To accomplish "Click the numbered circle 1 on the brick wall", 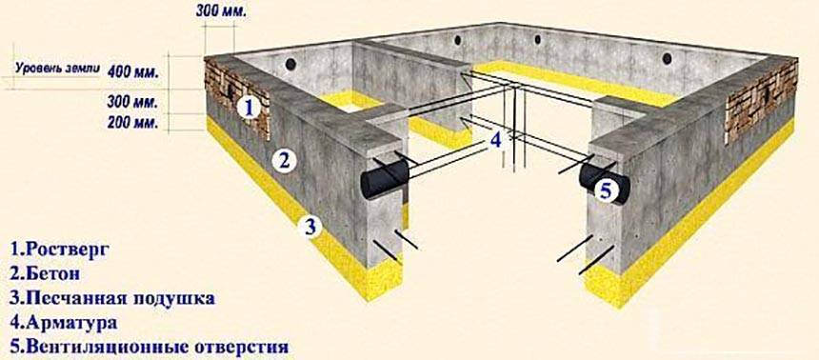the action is click(x=249, y=108).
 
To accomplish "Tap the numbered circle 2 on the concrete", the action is click(x=284, y=160).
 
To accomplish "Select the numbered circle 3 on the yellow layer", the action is click(x=310, y=227).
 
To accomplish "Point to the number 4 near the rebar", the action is click(x=495, y=141).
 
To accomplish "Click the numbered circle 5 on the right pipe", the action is click(x=606, y=190).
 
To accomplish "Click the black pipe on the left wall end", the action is click(x=386, y=179).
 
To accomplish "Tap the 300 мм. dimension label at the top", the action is click(x=221, y=11).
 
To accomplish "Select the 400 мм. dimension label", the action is click(x=132, y=71).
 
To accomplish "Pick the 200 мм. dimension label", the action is click(x=132, y=123).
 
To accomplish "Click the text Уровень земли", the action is click(x=57, y=69).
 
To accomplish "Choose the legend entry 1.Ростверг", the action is click(x=59, y=250).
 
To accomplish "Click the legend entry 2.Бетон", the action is click(x=45, y=273).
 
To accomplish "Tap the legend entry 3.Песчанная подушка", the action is click(x=112, y=298).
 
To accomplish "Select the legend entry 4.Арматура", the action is click(x=63, y=322).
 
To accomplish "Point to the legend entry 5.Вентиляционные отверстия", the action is click(x=149, y=347).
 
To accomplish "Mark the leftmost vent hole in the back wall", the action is click(x=290, y=64).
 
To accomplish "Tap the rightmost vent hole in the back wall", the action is click(x=667, y=58).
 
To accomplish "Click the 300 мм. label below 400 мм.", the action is click(x=132, y=103).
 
